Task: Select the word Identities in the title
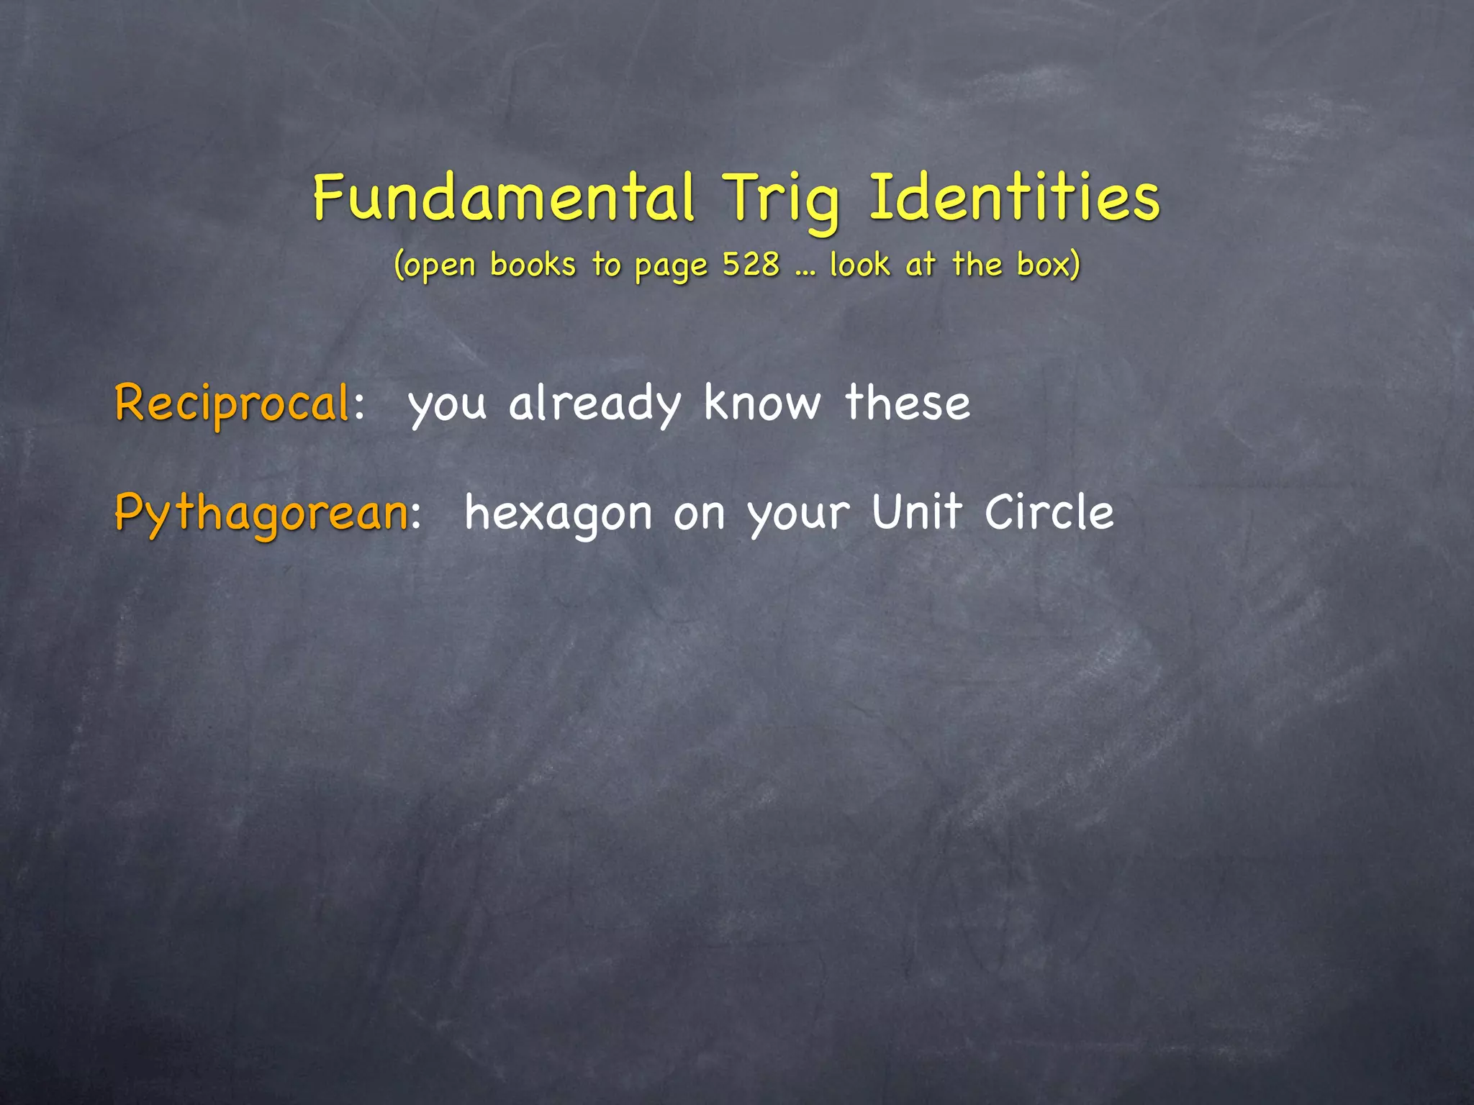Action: (x=1015, y=198)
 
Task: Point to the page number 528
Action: (x=751, y=265)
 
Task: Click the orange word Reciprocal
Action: (x=232, y=404)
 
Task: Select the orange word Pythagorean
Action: (x=261, y=514)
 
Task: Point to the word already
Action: (x=594, y=404)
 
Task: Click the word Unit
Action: (x=917, y=512)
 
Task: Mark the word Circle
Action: (x=1049, y=512)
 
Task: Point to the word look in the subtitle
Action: (x=859, y=265)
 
